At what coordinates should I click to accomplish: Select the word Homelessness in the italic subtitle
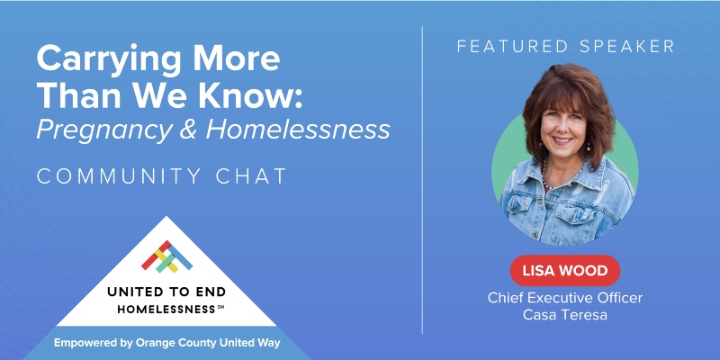click(x=298, y=130)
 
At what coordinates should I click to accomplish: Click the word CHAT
click(x=250, y=175)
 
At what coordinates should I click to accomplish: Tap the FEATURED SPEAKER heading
click(x=564, y=46)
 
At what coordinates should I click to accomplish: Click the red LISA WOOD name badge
click(x=564, y=270)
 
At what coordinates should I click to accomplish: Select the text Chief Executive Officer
click(x=565, y=298)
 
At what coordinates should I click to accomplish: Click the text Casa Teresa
click(x=565, y=314)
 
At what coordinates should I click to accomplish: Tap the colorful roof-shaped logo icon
click(x=167, y=256)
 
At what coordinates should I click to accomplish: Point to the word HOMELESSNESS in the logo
click(x=162, y=309)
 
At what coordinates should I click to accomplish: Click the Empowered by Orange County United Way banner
click(x=167, y=343)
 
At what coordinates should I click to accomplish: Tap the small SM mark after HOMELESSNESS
click(x=220, y=307)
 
